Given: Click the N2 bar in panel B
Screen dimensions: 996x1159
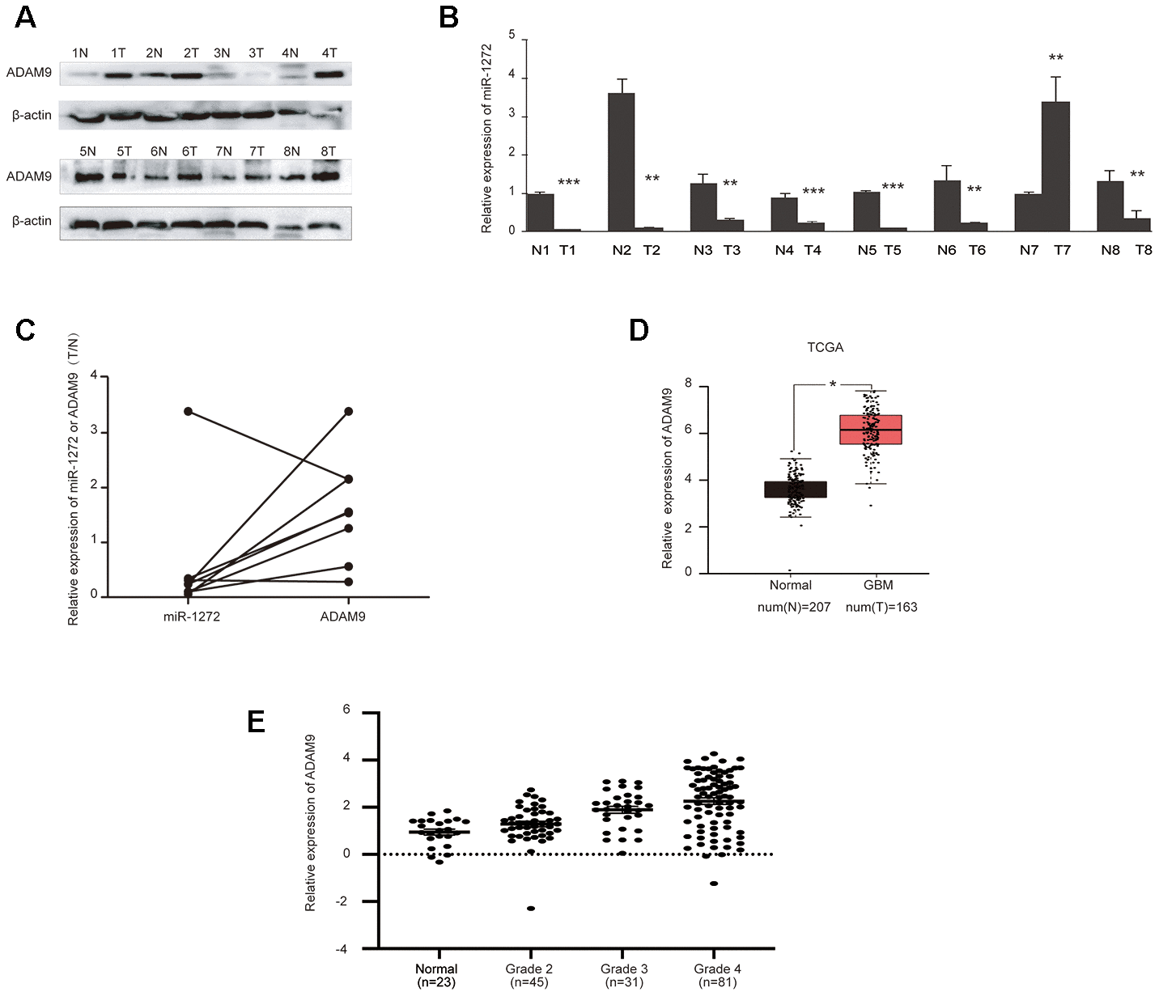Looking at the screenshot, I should tap(621, 162).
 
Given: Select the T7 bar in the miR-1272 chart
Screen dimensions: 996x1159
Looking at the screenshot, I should tap(1056, 166).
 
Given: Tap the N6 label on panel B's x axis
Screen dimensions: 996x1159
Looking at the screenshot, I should tap(946, 251).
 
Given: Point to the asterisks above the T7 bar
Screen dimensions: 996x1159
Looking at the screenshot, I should tap(1055, 58).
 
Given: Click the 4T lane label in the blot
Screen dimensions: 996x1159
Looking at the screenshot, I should tap(329, 53).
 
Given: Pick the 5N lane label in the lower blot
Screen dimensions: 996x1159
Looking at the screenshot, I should tap(87, 152).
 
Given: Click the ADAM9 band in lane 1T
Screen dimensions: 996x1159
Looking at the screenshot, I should tap(118, 76).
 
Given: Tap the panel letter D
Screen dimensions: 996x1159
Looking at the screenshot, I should tap(639, 330).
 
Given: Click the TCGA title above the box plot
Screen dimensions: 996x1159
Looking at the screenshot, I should tap(825, 348).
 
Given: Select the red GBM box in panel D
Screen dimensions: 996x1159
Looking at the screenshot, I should tap(871, 430).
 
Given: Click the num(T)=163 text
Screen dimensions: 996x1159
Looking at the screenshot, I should tap(881, 608).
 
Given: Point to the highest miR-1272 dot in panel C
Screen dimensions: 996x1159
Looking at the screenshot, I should tap(189, 411).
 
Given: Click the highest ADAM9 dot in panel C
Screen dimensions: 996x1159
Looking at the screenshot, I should tap(349, 411).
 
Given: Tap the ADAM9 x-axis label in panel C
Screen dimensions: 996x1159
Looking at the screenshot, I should tap(342, 617).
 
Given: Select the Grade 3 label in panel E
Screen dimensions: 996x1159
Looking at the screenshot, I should tap(624, 969).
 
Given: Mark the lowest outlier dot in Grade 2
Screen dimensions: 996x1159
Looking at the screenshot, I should tap(531, 909).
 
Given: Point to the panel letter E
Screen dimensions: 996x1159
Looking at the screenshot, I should tap(256, 722).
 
